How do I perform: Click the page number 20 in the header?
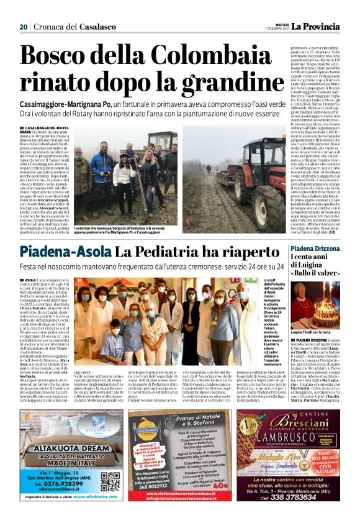(24, 26)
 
